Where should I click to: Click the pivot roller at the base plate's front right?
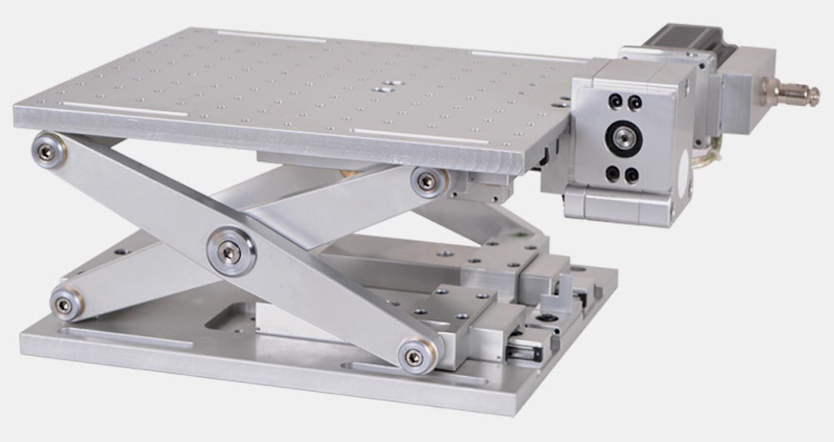pyautogui.click(x=414, y=358)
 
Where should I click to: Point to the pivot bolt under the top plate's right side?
pyautogui.click(x=427, y=182)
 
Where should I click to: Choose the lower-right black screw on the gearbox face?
pyautogui.click(x=631, y=175)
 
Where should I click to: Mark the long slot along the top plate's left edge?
pyautogui.click(x=122, y=109)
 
